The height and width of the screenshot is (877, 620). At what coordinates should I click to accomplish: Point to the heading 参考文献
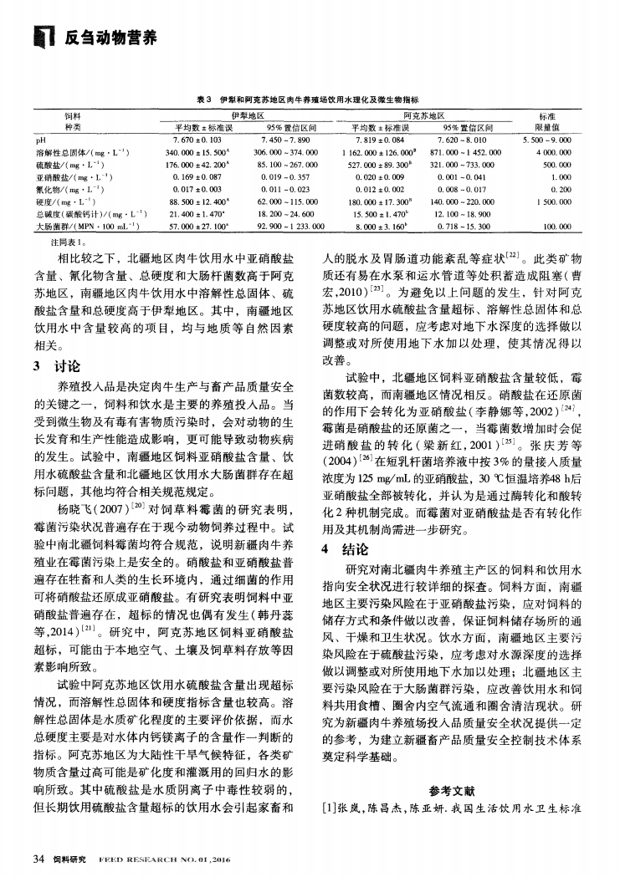point(452,791)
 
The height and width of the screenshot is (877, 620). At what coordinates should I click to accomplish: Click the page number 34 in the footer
point(38,858)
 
